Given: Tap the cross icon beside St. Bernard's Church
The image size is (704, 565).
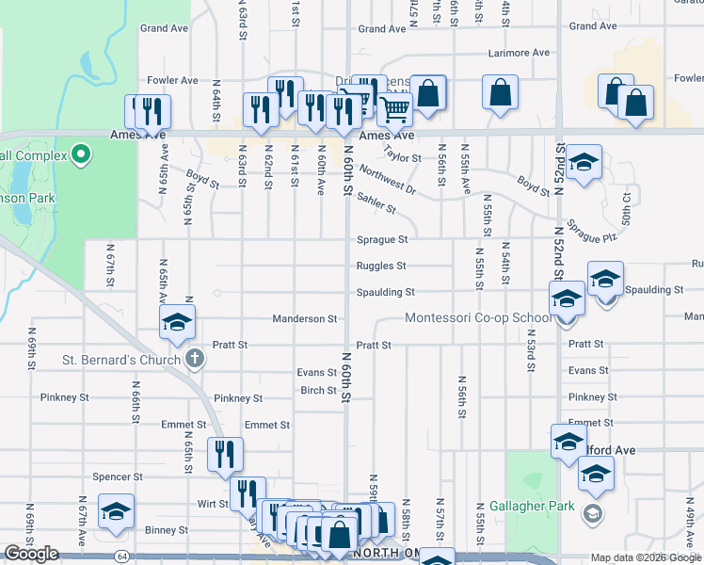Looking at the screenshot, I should (x=194, y=359).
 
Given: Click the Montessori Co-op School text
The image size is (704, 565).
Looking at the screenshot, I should (x=478, y=318).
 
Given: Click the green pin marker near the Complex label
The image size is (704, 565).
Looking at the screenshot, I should (x=81, y=153).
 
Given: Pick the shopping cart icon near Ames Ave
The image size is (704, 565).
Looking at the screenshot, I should (x=395, y=109).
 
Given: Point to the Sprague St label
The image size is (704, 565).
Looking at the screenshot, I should (x=381, y=240).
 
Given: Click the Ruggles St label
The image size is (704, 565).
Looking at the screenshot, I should (x=381, y=266).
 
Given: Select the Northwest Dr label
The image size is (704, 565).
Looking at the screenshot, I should (x=387, y=181).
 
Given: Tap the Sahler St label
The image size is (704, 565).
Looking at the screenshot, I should (x=376, y=203).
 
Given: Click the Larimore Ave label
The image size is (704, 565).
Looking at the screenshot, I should (x=518, y=53).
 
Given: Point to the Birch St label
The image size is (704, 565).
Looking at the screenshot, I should (x=318, y=390).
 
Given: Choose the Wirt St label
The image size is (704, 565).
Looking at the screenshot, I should (x=211, y=504).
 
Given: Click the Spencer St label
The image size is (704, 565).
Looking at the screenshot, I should (x=117, y=477).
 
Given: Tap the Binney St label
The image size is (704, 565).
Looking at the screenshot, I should (x=167, y=530).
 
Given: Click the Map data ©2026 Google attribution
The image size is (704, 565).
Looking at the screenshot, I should (x=645, y=557).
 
